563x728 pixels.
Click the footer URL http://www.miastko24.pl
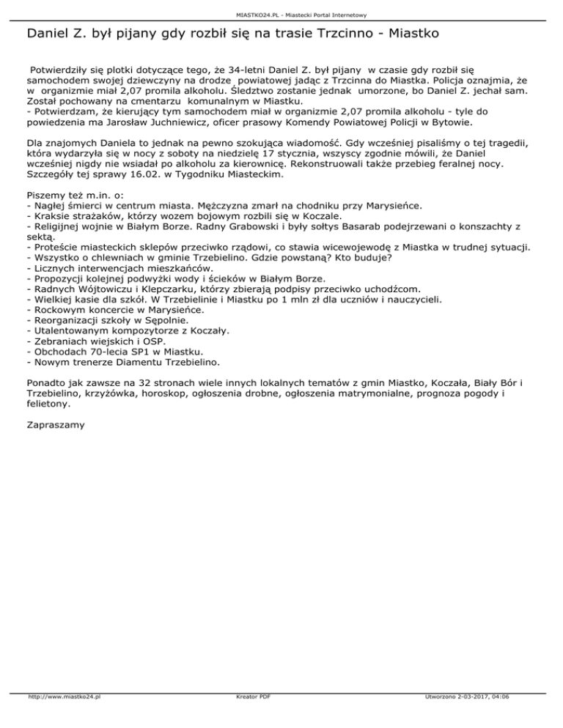pyautogui.click(x=64, y=717)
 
